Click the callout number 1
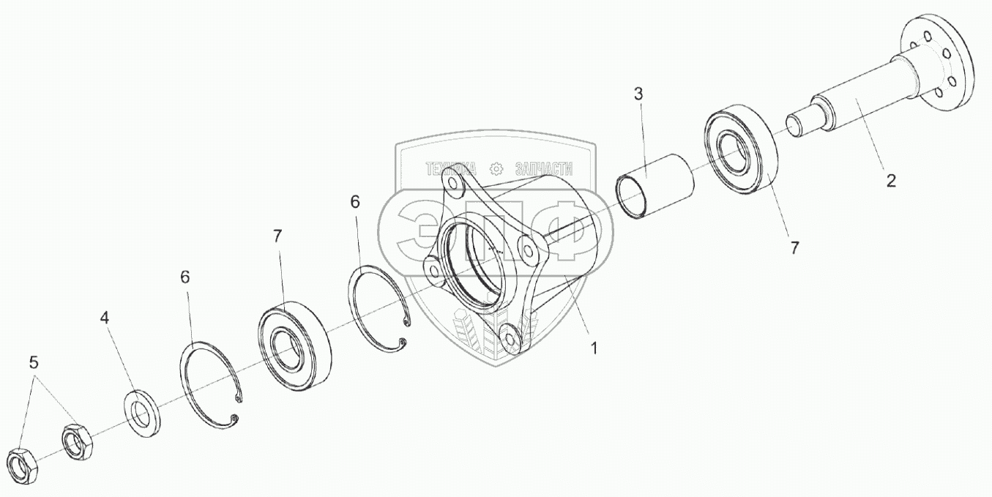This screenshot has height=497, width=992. [594, 349]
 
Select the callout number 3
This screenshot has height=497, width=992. [638, 94]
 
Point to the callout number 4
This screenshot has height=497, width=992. [105, 318]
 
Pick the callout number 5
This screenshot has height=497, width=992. [34, 362]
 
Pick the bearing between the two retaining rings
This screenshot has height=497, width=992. [294, 343]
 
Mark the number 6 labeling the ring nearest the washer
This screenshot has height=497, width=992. [184, 277]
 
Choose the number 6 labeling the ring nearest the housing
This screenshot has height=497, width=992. [355, 203]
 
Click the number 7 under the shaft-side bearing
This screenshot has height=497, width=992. [795, 248]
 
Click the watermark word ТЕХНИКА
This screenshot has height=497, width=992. [451, 169]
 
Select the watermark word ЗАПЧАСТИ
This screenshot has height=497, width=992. [544, 169]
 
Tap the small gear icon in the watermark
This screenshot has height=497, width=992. [496, 169]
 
